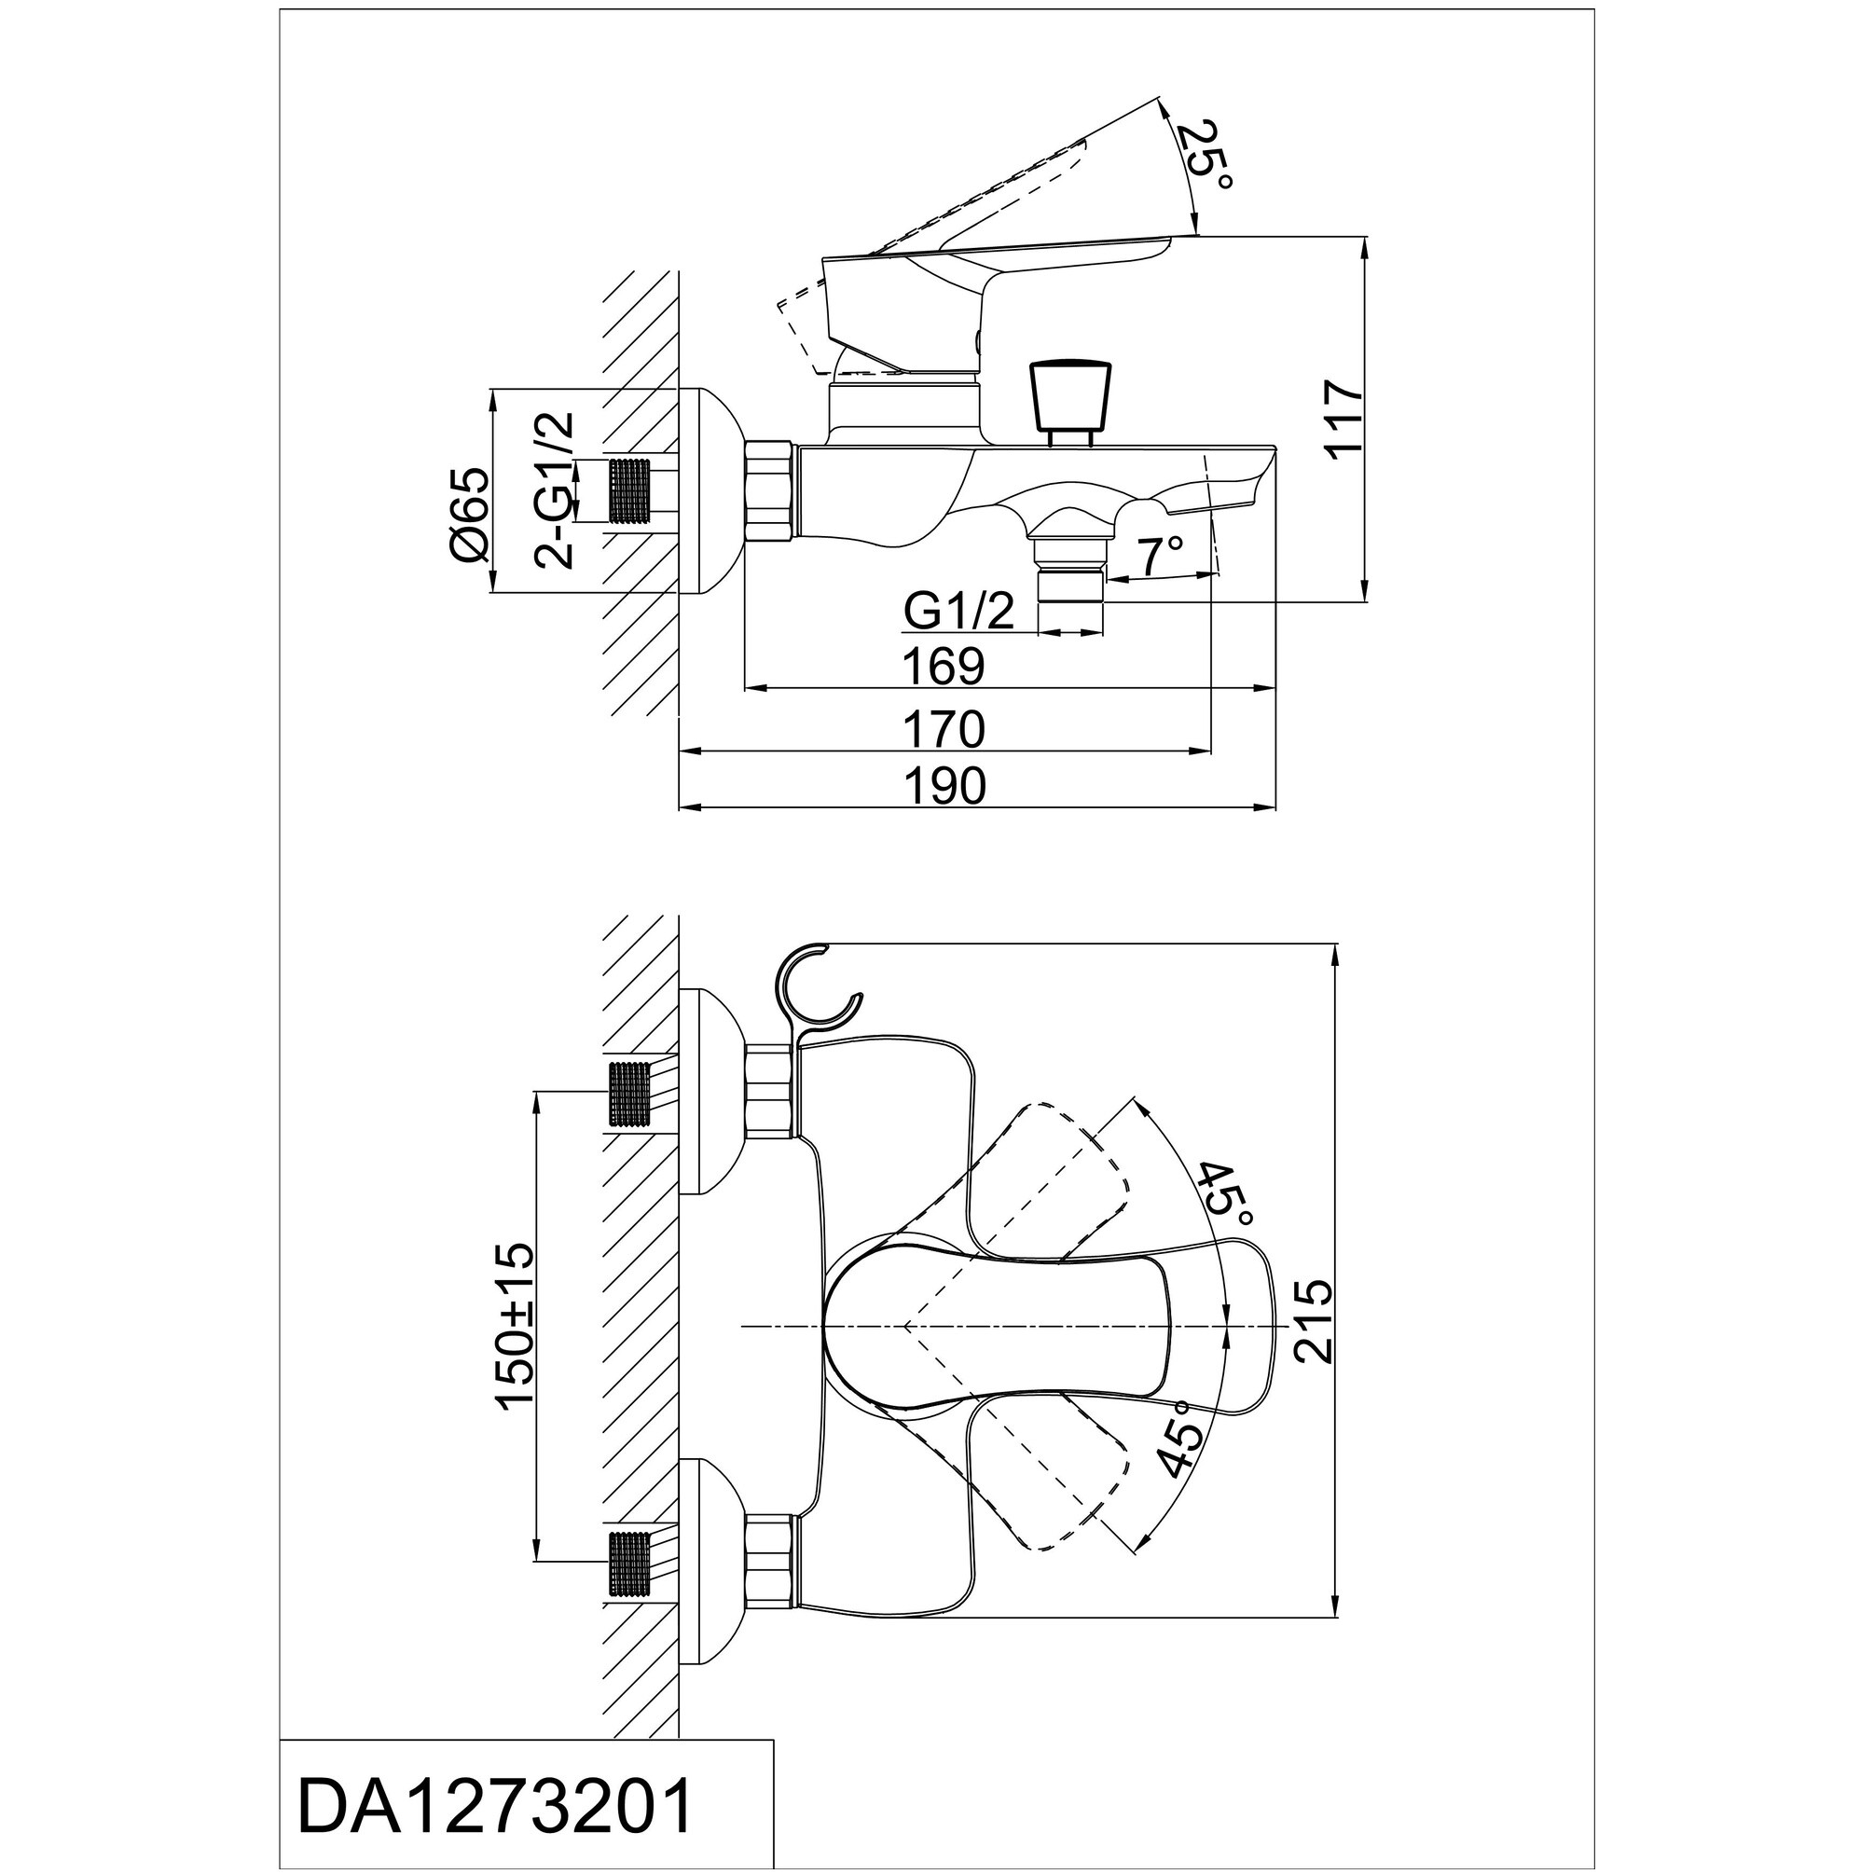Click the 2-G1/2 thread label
coord(555,489)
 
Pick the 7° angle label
coord(1160,556)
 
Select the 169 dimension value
coord(943,666)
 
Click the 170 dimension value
coord(943,728)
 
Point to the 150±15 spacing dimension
coord(515,1323)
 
